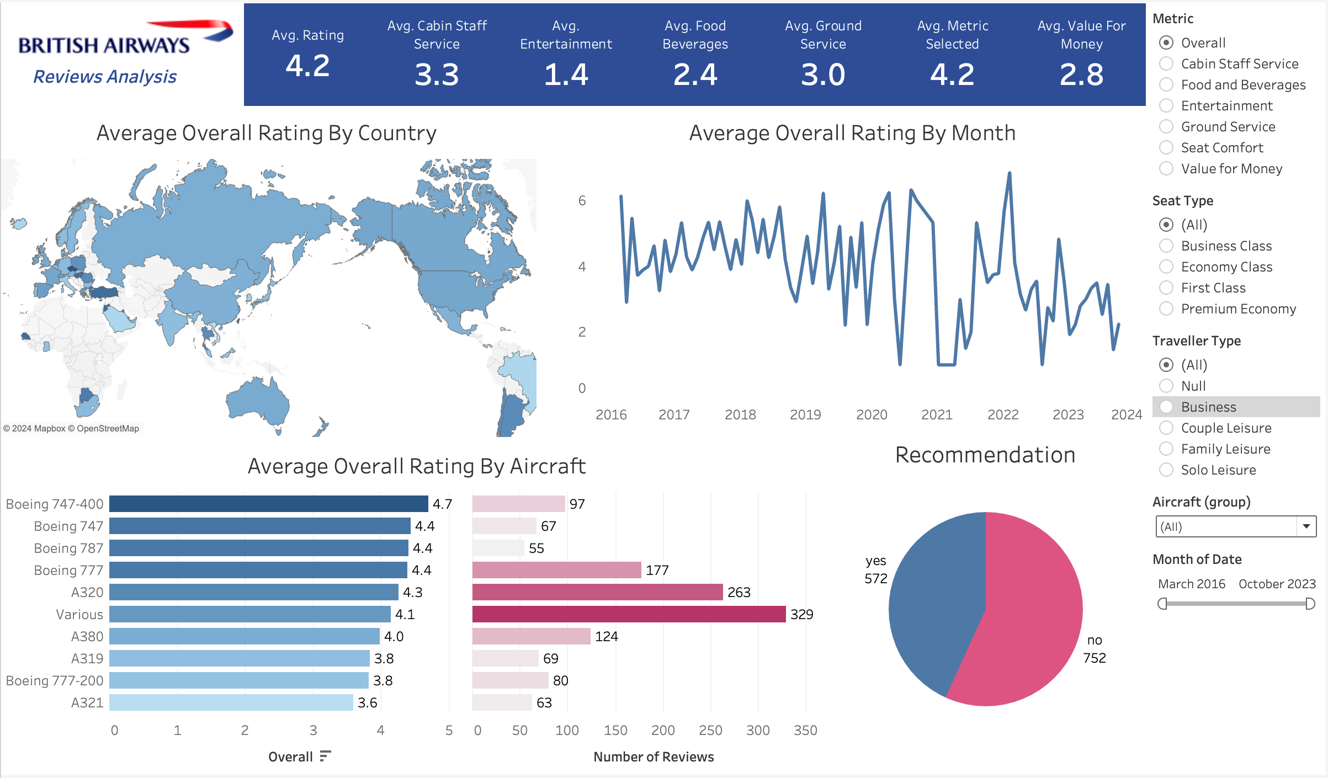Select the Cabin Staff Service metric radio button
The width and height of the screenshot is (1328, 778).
(1166, 64)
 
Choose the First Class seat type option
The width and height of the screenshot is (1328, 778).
(1166, 288)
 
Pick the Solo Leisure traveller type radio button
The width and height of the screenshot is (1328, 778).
(1166, 470)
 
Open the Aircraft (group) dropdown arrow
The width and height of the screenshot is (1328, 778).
(1306, 526)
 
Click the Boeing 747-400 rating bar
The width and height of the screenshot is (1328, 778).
(268, 504)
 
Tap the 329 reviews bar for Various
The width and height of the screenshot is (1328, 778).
(629, 614)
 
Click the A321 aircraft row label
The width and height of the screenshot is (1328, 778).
(87, 702)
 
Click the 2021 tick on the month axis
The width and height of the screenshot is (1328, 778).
(937, 415)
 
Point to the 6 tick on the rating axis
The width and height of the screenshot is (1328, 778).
(582, 201)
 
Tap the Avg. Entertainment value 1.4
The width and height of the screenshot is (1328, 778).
(566, 74)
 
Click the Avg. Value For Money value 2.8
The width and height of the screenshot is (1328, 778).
(1081, 74)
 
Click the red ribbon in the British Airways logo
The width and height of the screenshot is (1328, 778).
(190, 25)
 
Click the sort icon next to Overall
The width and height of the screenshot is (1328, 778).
(325, 756)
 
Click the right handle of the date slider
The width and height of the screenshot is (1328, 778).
(1310, 604)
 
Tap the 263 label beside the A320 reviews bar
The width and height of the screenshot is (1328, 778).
(739, 592)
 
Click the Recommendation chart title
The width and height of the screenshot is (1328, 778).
(985, 455)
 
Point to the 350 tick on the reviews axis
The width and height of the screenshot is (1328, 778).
(805, 731)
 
